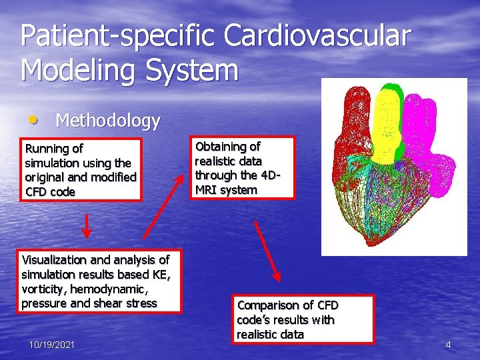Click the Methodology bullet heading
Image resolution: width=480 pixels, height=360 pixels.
pos(107,121)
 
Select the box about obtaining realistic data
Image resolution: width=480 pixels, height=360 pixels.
pos(243,168)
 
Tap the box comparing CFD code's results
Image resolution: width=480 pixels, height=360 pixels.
pos(304,319)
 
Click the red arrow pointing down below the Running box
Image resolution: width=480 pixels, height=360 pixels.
pos(87,227)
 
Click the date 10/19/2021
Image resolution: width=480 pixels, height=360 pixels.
pos(52,344)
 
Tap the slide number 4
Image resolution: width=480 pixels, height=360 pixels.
pos(448,345)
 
